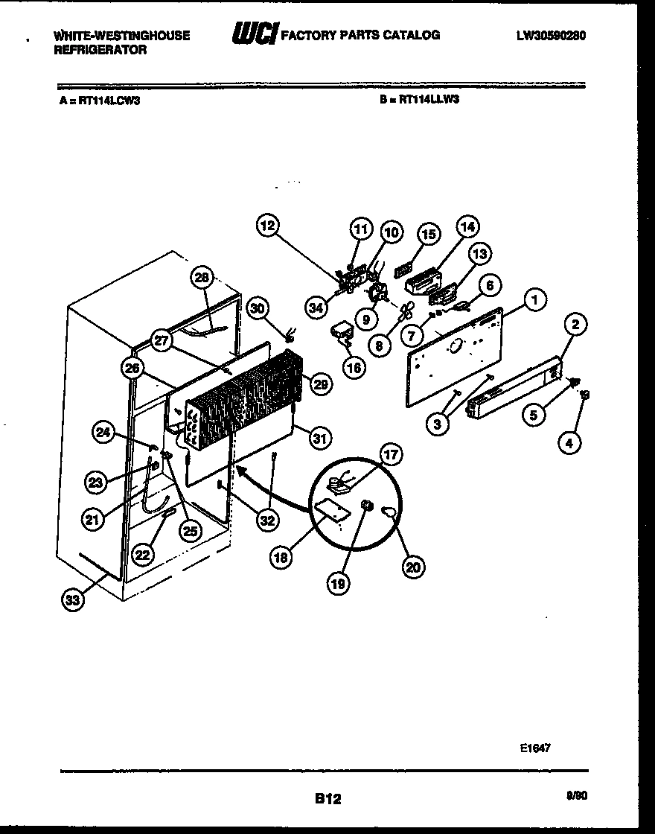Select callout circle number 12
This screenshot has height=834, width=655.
[268, 226]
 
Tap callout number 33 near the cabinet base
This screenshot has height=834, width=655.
[71, 602]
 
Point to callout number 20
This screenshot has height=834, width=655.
[413, 567]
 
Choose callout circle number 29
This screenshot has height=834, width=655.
[321, 383]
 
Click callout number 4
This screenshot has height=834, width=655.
[569, 444]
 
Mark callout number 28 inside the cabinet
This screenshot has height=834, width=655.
[202, 278]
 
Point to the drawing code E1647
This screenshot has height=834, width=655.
[536, 748]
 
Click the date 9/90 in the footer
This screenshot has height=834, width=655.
[577, 795]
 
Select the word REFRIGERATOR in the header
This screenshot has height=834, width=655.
[100, 51]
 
